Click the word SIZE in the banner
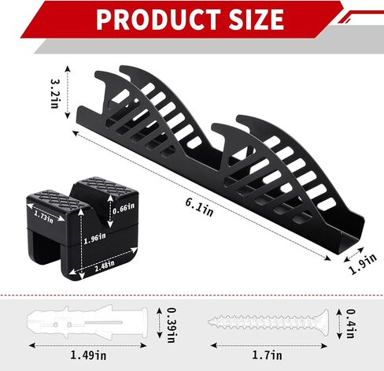pos(257,19)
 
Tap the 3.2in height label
pos(55,93)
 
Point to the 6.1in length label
pos(199,207)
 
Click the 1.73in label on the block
pos(43,217)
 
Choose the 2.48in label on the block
pos(105,265)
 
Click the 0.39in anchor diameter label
pos(172,325)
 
